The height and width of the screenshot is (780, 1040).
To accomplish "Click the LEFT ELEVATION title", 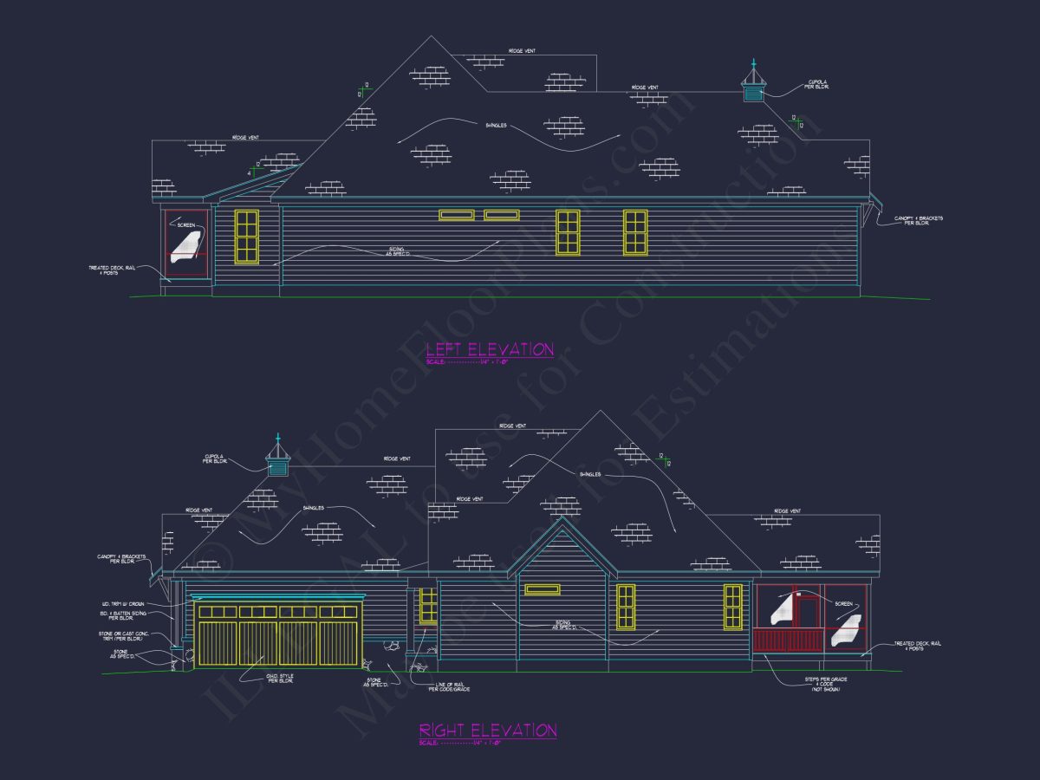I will coord(490,349).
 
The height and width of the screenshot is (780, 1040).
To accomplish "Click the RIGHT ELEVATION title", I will coord(488,731).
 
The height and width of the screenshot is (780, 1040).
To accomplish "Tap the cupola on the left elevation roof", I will coord(753,85).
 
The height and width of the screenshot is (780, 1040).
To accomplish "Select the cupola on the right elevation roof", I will coord(278,459).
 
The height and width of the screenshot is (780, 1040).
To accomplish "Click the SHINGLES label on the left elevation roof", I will coord(496,126).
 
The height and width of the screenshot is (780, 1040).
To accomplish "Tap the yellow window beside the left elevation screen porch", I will coord(247,236).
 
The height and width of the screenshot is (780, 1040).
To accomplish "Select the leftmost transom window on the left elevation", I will coord(457,215).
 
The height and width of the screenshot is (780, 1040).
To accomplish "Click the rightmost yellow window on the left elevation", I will coord(635,232).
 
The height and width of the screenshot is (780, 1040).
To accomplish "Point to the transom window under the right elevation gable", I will coord(542,589).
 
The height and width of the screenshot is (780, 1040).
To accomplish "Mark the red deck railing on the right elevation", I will coord(788,640).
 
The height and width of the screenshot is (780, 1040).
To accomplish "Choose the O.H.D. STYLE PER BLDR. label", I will coord(280,679).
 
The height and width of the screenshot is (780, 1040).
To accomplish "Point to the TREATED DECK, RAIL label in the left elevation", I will coord(114,270).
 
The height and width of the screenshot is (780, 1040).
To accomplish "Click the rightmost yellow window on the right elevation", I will coord(733,607).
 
